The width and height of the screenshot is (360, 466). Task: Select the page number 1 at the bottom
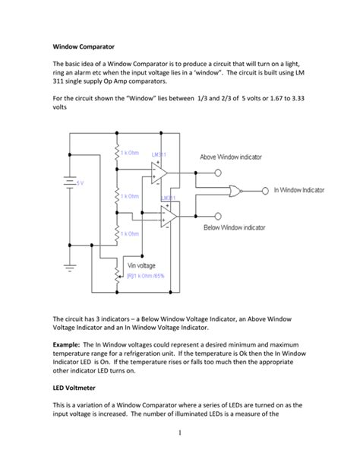point(180,433)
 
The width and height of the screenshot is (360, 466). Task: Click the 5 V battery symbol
point(69,183)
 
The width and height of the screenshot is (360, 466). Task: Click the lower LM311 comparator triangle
point(168,218)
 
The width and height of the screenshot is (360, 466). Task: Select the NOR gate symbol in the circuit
point(236,190)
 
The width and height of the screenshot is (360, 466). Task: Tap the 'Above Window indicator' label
point(231,157)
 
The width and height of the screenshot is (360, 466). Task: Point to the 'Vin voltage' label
point(142,265)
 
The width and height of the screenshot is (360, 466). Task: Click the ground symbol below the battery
point(69,266)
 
